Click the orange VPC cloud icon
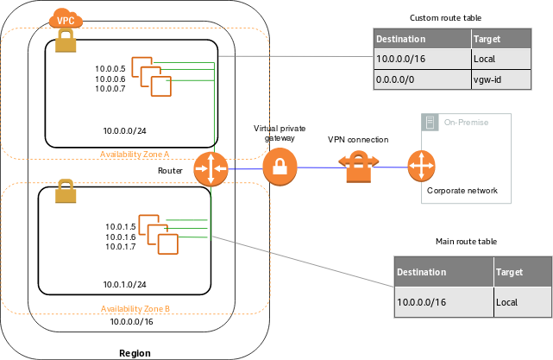tap(65, 18)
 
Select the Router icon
tap(210, 168)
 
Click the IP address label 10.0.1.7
tap(120, 247)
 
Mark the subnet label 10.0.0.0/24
tap(125, 132)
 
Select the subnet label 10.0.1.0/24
tap(125, 284)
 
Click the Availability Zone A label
tap(135, 154)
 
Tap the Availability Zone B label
tap(135, 308)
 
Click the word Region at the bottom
tap(134, 352)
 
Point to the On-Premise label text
tap(466, 122)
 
